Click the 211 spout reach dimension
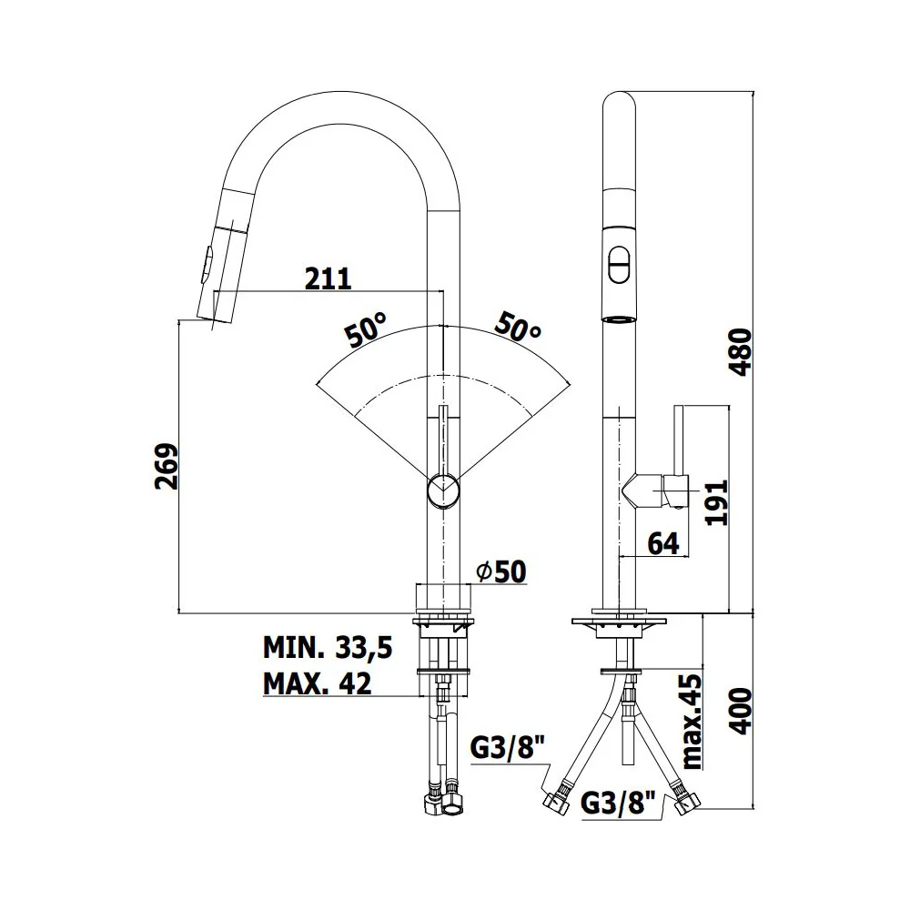pos(328,278)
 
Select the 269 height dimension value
pos(167,466)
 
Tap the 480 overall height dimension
pos(740,352)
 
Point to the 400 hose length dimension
pos(740,711)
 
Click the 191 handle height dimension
pos(715,502)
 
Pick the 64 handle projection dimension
pos(662,543)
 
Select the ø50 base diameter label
pos(501,571)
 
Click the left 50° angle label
pos(366,329)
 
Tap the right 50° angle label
pos(518,328)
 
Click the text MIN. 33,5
pos(328,647)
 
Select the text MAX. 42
pos(317,683)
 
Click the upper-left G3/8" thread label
pos(510,747)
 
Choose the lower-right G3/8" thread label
pos(618,804)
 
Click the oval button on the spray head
pos(619,265)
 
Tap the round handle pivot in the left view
pos(443,490)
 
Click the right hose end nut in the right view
pos(686,804)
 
